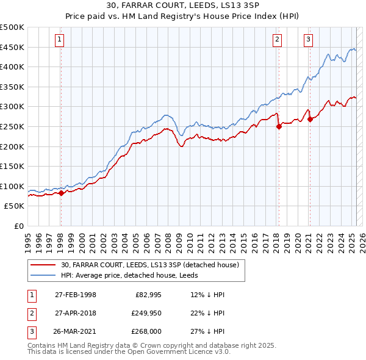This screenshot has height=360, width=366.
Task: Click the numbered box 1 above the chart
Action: click(x=60, y=40)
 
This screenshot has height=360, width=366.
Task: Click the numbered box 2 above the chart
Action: click(x=277, y=40)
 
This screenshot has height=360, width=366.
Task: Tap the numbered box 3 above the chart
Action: click(x=309, y=40)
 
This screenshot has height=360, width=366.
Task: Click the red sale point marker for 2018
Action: click(x=279, y=126)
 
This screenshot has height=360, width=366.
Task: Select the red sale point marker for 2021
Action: click(x=310, y=119)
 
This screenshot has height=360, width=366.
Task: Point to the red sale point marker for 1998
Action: click(x=61, y=193)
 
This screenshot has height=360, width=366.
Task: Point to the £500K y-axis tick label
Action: click(x=13, y=27)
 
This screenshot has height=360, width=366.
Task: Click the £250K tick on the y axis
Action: click(x=13, y=126)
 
